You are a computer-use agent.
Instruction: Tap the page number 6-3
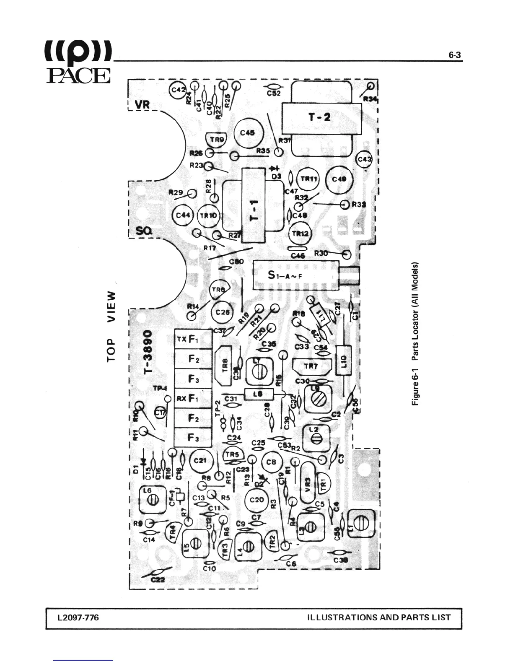coord(454,55)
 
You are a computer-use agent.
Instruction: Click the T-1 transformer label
coord(254,210)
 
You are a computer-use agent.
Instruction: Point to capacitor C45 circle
coord(249,133)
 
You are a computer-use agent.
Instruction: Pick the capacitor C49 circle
coord(339,179)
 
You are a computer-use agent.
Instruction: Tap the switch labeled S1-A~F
coord(296,275)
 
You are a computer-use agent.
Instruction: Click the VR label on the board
coord(142,104)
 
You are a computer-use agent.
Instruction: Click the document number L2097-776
coord(79,617)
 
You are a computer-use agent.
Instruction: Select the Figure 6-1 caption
coord(415,334)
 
